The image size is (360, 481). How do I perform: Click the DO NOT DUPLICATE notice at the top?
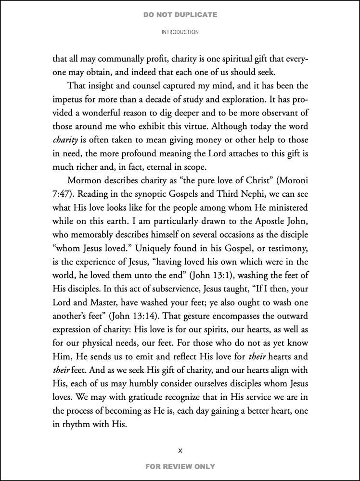(180, 15)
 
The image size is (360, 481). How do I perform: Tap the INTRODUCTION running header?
(180, 32)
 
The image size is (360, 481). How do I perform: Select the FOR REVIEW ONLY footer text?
(180, 466)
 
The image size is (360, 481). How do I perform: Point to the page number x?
(180, 451)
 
